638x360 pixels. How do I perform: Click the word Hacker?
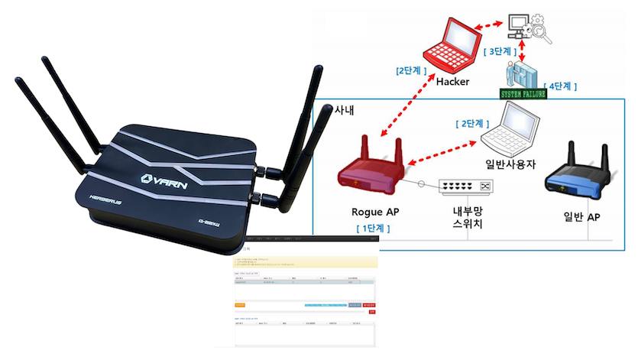click(x=452, y=81)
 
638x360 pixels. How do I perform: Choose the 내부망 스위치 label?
click(x=468, y=216)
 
